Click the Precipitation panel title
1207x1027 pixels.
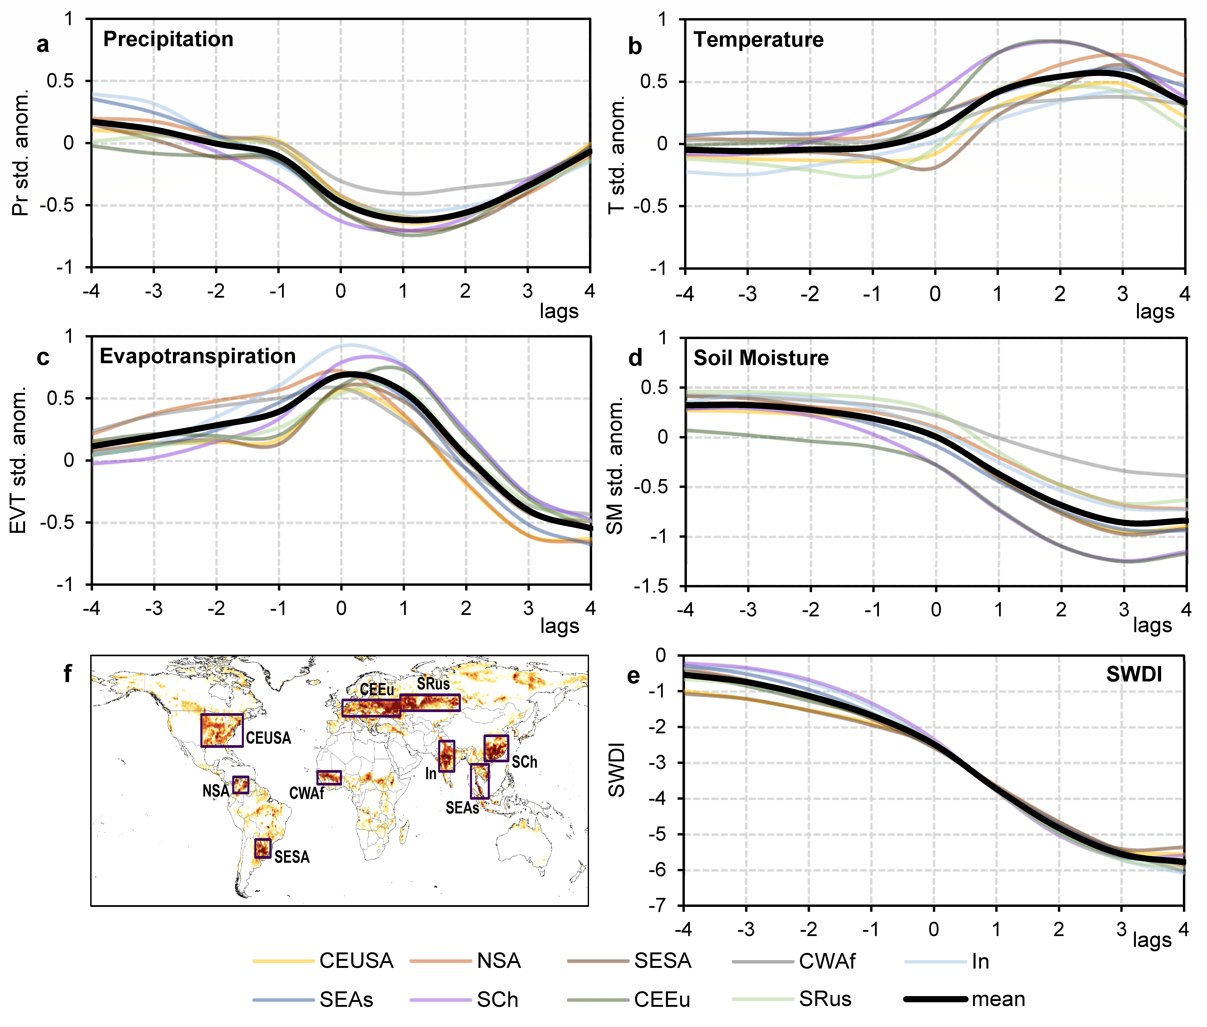168,39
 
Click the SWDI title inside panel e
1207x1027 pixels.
1134,674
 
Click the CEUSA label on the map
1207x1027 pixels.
268,738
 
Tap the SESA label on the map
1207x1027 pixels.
292,857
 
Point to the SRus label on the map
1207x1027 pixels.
433,684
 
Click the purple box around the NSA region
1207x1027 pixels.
240,785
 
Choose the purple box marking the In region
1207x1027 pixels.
447,756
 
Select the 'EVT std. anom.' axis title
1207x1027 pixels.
19,460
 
